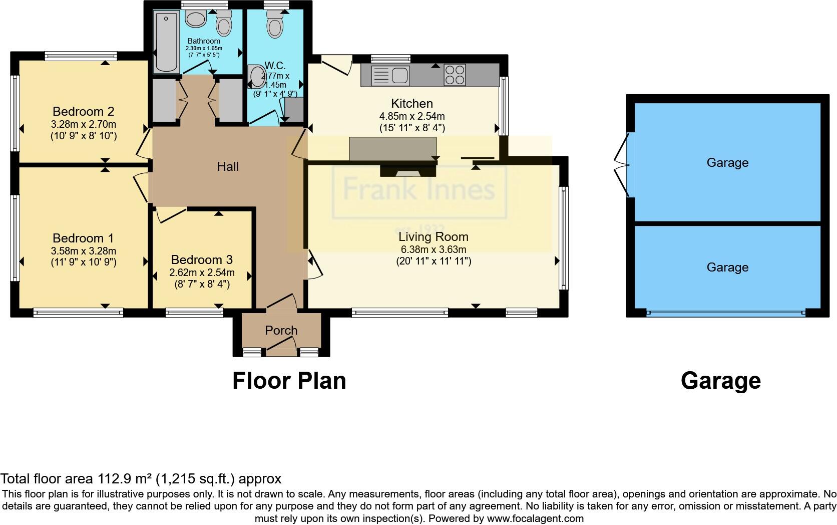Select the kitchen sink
tap(391, 75)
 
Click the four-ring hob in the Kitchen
tap(455, 75)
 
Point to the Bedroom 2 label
tap(84, 111)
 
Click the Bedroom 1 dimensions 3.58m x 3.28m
tap(84, 250)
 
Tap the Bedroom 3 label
tap(202, 259)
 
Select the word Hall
tap(228, 166)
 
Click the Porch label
tap(281, 330)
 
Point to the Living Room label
tap(434, 236)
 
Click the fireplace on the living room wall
tap(407, 172)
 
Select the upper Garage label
tap(727, 162)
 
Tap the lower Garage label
tap(727, 267)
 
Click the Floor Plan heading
tap(289, 381)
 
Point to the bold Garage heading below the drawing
tap(720, 381)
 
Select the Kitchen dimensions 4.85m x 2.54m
tap(412, 116)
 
